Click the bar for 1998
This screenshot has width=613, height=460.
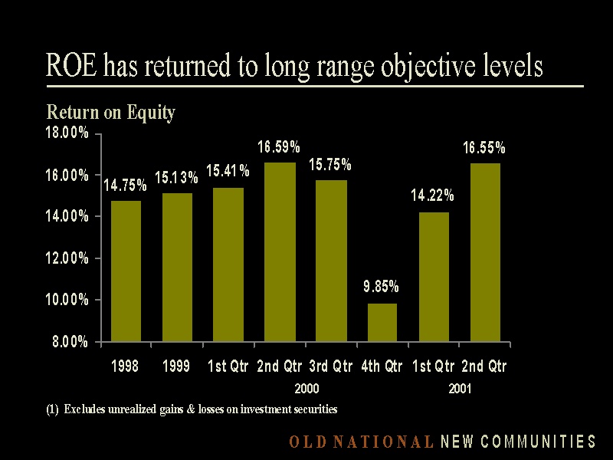coord(126,271)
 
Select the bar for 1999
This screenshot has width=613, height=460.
coord(177,267)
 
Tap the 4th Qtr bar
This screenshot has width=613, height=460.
coord(382,322)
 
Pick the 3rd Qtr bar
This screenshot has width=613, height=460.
coord(331,261)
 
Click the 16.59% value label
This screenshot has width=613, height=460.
coord(278,147)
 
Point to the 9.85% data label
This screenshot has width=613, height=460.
coord(381,287)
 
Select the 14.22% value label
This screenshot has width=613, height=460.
coord(432,195)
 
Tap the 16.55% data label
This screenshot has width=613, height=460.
coord(484,148)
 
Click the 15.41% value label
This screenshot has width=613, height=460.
coord(228,171)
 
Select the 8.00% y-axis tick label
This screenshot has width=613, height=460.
coord(70,342)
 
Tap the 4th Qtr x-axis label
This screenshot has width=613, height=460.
coord(382,366)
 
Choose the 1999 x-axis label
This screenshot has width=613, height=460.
coord(176,366)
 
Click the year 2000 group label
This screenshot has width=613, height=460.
coord(306,389)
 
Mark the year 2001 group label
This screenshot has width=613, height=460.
coord(460,389)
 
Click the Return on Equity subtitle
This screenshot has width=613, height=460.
coord(111,113)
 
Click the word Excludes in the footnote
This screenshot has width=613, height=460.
coord(84,409)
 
